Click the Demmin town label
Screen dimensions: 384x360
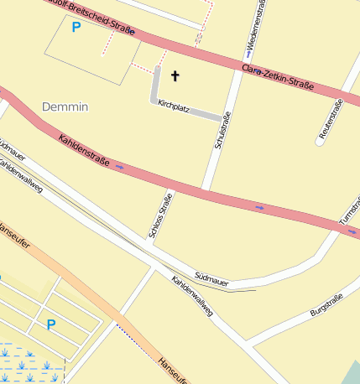(x=65, y=107)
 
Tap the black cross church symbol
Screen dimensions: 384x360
(x=175, y=77)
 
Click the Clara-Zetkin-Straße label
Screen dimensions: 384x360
(x=277, y=75)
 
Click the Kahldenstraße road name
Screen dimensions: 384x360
(x=84, y=149)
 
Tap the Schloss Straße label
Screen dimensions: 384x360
(x=154, y=216)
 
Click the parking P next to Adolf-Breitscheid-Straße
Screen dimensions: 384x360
(x=76, y=28)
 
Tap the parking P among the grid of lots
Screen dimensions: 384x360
(x=51, y=324)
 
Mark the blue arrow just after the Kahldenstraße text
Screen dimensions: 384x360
(x=119, y=167)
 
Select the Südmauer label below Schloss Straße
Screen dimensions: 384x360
(x=211, y=275)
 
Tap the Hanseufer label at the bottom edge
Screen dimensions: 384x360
(x=171, y=369)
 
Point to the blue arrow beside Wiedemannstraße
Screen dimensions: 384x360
(x=249, y=53)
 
